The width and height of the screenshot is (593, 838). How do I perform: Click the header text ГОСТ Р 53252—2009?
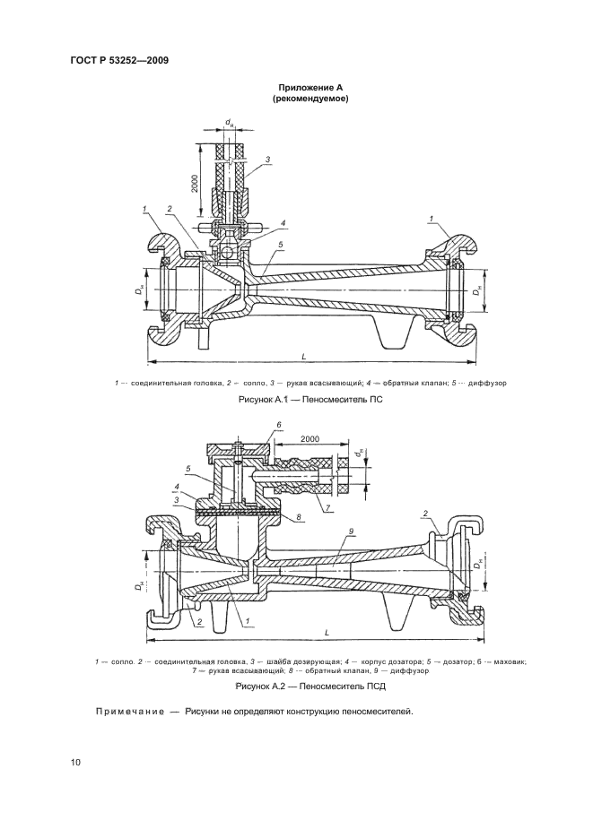click(x=119, y=61)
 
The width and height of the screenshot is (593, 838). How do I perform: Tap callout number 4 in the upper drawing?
click(x=283, y=223)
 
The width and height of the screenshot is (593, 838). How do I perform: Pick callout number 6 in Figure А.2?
click(x=278, y=423)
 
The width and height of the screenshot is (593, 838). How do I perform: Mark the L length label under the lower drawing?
click(x=327, y=634)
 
